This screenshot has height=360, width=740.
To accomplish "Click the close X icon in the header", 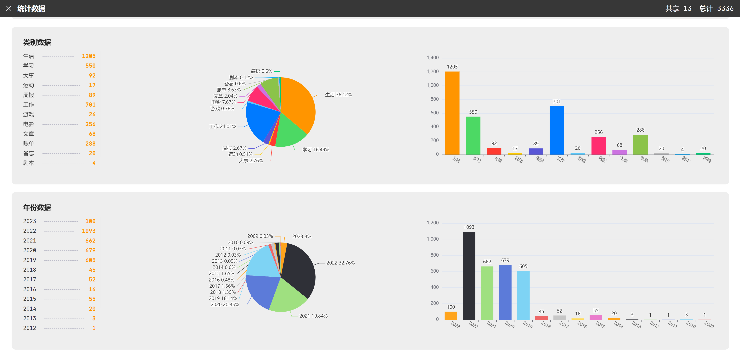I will (9, 8).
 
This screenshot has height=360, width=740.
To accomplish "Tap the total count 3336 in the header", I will (725, 8).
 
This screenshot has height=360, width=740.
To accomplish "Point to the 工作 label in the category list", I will (28, 105).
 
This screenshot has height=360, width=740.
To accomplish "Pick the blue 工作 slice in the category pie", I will (260, 121).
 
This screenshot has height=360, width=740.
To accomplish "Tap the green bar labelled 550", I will (473, 135).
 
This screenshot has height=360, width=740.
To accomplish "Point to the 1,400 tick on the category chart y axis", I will (433, 58).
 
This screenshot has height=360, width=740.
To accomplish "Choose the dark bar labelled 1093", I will (469, 276).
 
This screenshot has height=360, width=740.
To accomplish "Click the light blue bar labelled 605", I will (523, 295).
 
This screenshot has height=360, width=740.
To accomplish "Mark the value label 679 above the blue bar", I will (505, 260).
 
